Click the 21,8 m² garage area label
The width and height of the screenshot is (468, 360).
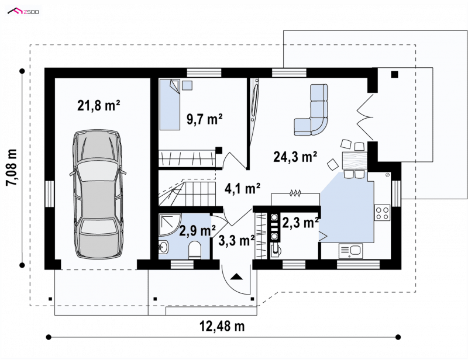point(99,105)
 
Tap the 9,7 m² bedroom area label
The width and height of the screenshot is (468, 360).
point(204,119)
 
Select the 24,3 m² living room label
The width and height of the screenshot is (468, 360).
point(295,157)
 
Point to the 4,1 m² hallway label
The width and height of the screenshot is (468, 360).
point(242,189)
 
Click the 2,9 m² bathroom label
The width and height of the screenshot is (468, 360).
point(198,231)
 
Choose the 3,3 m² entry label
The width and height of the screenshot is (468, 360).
point(236,240)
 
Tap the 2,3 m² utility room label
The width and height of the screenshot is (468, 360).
point(300,223)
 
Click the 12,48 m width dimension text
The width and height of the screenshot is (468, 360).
point(222,326)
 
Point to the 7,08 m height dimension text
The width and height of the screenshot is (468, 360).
point(12,167)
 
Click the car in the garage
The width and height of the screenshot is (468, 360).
point(98,194)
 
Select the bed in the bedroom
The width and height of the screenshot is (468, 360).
point(170,105)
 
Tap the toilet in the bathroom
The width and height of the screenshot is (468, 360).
point(195,250)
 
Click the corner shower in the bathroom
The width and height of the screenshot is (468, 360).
point(169,224)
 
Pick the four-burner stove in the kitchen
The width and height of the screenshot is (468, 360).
point(382,213)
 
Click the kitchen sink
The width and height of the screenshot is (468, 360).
point(350,251)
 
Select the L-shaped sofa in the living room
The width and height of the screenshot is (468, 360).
point(311,110)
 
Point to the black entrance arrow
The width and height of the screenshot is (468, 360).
point(236,276)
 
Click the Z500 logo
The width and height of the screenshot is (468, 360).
point(23,12)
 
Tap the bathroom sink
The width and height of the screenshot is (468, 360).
point(163,247)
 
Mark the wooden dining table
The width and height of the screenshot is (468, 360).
point(355,161)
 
